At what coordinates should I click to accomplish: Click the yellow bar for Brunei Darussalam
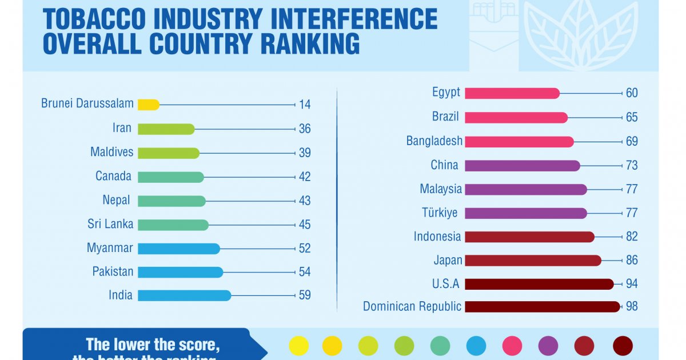tap(149, 105)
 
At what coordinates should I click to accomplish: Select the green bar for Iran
tap(166, 129)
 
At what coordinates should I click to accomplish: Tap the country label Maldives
tap(111, 153)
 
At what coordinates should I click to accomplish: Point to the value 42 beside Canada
tap(305, 177)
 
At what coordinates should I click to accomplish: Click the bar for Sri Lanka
tap(173, 225)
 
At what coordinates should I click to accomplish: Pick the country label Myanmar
tap(110, 249)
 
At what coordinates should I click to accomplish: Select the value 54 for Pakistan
tap(305, 273)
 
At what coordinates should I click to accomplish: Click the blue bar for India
tap(184, 295)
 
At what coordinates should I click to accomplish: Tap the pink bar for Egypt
tap(512, 93)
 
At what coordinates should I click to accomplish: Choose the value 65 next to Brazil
tap(632, 118)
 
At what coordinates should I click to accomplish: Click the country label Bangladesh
tap(434, 141)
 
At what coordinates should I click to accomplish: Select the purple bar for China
tap(523, 166)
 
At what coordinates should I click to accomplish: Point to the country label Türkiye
tap(440, 213)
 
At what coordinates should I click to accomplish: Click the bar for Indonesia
tap(529, 237)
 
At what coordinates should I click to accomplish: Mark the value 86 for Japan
tap(632, 261)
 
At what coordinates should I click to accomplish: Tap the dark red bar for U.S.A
tap(539, 284)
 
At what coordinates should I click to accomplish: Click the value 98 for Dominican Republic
tap(632, 307)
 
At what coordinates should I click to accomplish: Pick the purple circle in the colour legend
tap(548, 346)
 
